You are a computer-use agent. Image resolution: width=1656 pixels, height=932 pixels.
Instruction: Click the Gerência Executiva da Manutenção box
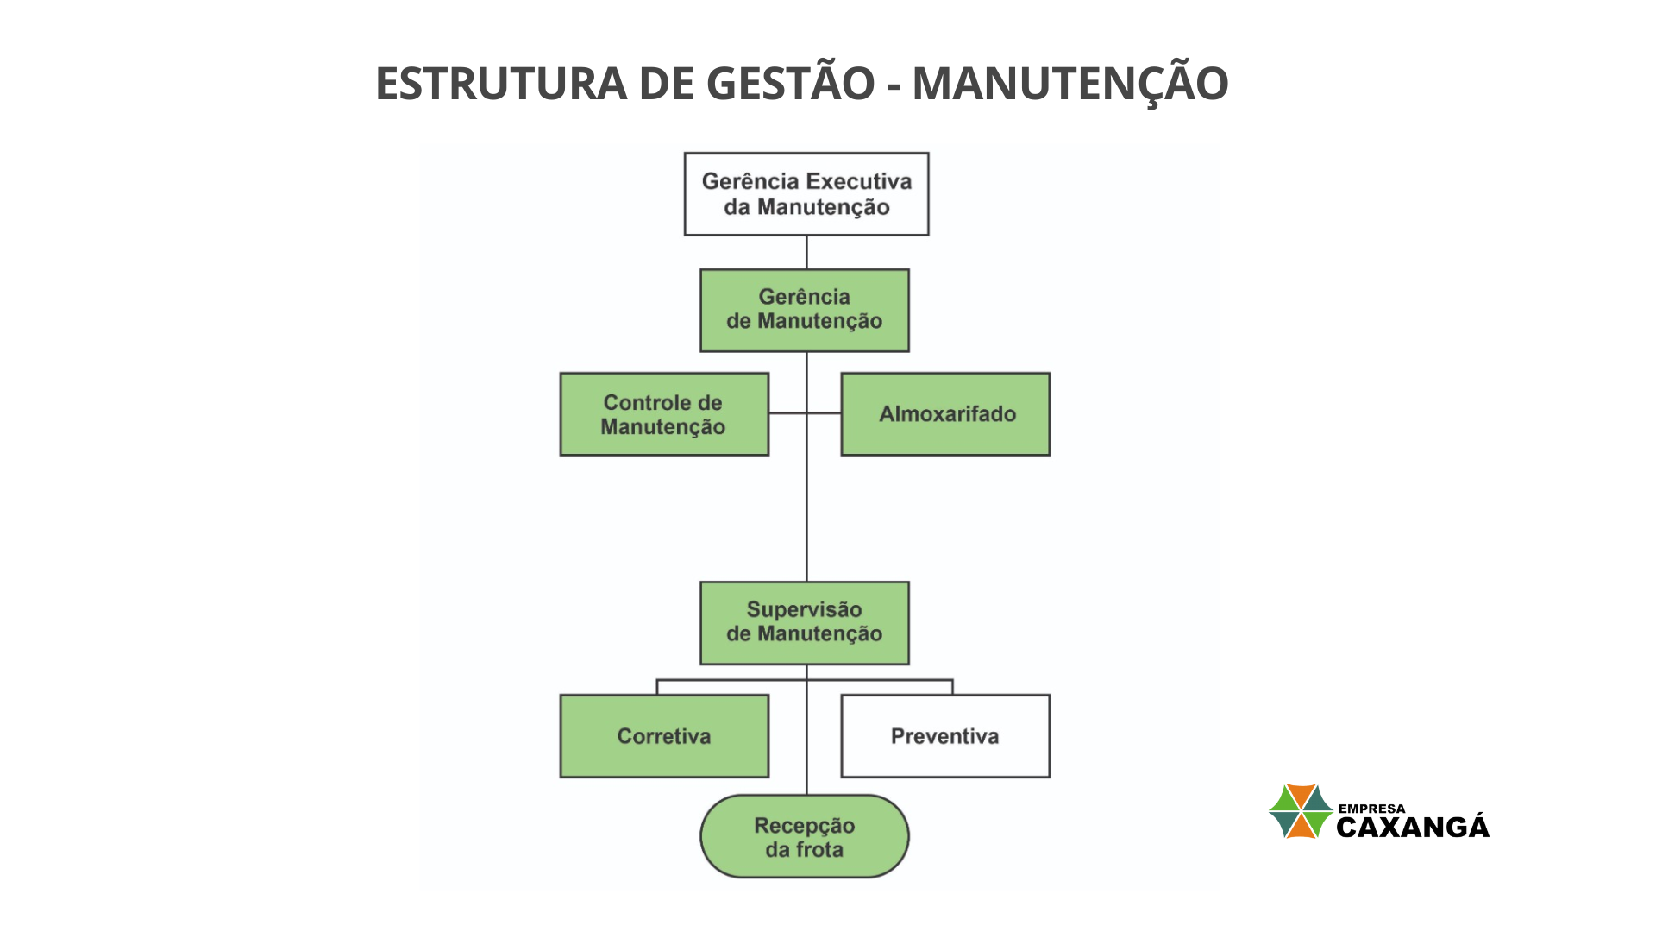806,194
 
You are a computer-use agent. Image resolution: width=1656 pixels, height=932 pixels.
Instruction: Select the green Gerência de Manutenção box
805,311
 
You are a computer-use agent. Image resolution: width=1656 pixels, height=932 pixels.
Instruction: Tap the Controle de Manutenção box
664,414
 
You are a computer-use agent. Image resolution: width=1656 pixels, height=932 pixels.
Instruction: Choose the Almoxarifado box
945,414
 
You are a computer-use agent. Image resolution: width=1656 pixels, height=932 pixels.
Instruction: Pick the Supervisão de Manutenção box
805,623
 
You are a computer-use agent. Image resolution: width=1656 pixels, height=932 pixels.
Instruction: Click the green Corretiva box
664,736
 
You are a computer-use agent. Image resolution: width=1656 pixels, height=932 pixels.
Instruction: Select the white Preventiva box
945,736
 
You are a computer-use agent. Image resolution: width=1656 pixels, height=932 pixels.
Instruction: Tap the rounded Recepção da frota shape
805,836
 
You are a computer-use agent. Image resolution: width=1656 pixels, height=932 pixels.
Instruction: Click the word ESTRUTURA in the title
501,84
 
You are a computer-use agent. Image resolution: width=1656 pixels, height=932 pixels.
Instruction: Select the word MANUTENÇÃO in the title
1070,83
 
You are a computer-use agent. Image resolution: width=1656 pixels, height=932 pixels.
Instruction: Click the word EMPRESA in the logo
1371,809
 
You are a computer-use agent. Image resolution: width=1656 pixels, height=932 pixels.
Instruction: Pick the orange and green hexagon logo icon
1301,811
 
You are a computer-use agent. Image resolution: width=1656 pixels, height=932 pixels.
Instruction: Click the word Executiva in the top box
858,181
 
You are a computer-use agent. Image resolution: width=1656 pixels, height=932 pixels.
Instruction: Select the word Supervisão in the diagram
805,609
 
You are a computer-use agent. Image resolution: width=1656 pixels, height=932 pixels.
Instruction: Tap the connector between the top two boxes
806,252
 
